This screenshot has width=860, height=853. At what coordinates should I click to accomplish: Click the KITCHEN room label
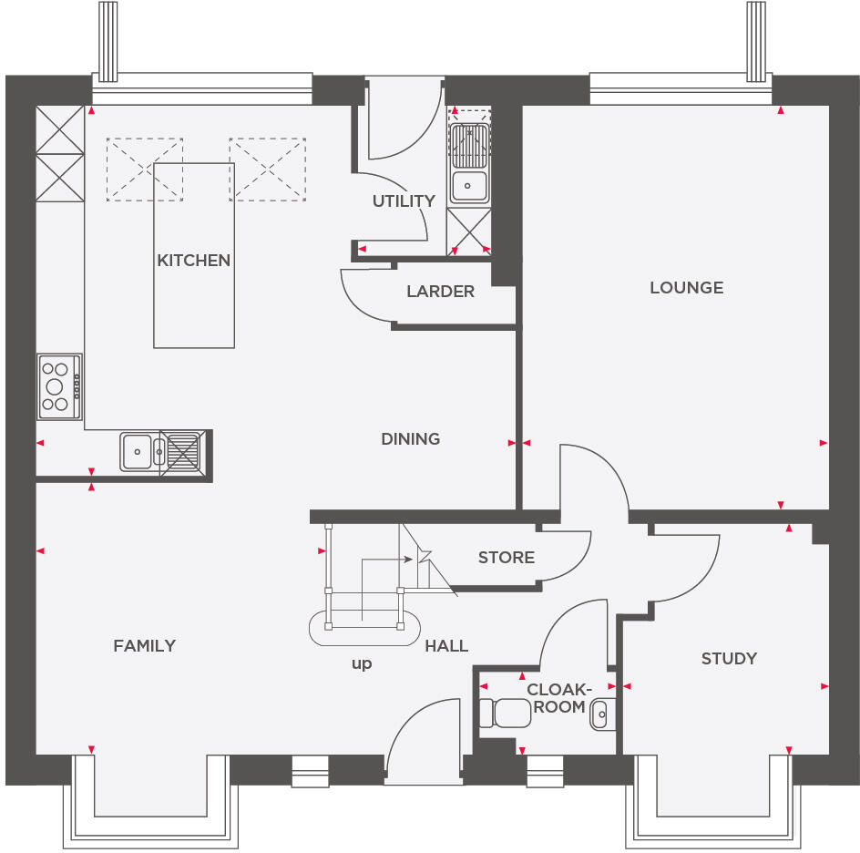[x=193, y=261]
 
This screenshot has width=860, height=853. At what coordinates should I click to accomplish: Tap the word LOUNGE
[x=686, y=288]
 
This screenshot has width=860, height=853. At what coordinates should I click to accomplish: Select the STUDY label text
[x=729, y=659]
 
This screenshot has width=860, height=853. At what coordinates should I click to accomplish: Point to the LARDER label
[x=440, y=292]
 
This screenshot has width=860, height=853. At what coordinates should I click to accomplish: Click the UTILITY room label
[x=403, y=201]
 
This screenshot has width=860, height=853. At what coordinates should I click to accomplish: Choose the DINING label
[x=410, y=439]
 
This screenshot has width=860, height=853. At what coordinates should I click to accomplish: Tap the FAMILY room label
[x=144, y=646]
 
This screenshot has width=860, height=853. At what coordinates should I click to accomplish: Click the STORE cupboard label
[x=506, y=558]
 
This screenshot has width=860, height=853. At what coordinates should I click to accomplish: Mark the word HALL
[x=446, y=646]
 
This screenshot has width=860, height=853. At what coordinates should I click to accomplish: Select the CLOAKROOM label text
[x=559, y=698]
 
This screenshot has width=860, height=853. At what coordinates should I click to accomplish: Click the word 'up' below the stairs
[x=362, y=664]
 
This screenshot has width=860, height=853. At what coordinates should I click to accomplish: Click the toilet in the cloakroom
[x=505, y=713]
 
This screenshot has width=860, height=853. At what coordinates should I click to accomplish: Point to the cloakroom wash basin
[x=602, y=715]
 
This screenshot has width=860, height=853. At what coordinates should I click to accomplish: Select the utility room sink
[x=469, y=185]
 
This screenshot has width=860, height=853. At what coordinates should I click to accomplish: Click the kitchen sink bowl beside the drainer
[x=138, y=450]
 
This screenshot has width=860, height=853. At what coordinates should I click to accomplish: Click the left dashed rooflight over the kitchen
[x=144, y=169]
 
